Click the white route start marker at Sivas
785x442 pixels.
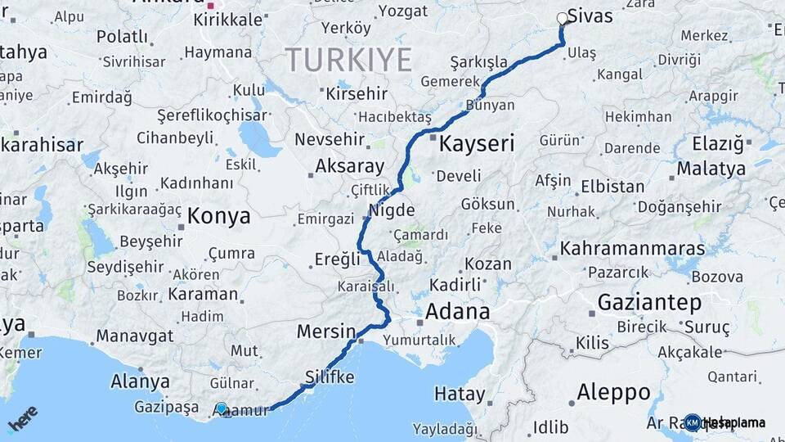coord(562,18)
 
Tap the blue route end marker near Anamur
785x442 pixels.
coord(221,408)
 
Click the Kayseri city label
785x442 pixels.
coord(477,145)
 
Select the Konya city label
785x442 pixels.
coord(218,216)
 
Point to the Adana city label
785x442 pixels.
coord(457,312)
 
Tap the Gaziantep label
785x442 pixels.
coord(649,303)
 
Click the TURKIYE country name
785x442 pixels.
coord(348,60)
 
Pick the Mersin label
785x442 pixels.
coord(325,332)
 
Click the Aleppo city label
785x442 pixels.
coord(613,392)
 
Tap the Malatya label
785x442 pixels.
coord(711,169)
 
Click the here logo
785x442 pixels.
coord(22,418)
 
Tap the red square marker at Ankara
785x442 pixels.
coord(210,5)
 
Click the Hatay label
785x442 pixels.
coord(459,394)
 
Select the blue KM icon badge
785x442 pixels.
coord(693,422)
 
